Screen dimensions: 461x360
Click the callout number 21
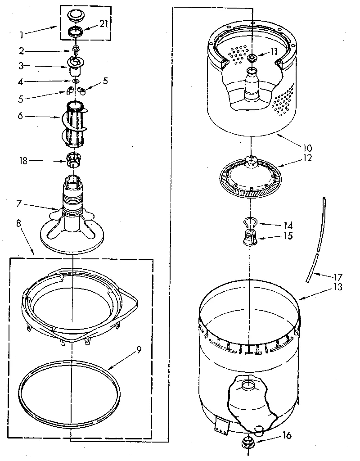coord(103,24)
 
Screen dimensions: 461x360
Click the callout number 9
coord(139,350)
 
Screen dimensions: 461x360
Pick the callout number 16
coord(287,435)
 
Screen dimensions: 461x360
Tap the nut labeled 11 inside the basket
coord(252,57)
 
